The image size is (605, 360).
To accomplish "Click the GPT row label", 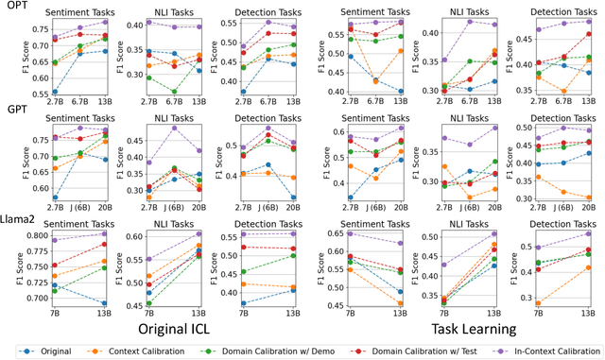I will pos(13,110).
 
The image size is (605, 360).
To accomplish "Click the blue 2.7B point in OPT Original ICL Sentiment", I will pos(56,93).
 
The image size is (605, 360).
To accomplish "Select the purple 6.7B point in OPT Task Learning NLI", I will pos(471,21).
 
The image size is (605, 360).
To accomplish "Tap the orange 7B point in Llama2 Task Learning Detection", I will pos(539,303).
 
